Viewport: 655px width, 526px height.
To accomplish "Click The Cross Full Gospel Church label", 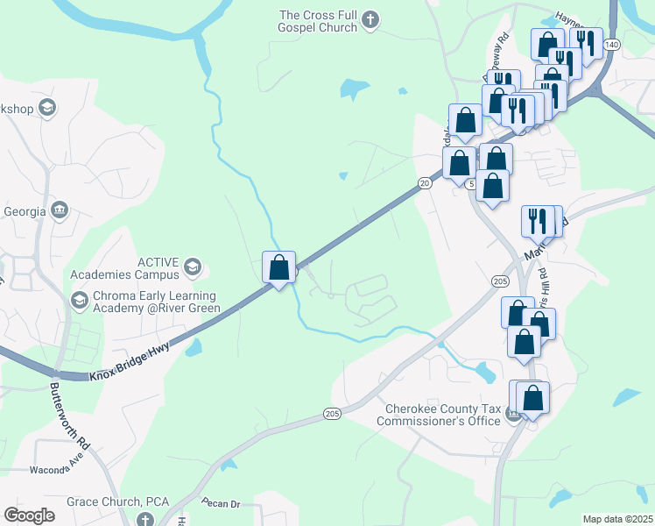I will pos(318,21).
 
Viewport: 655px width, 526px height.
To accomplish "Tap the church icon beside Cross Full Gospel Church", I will pos(370,19).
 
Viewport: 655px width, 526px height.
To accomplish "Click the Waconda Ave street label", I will pos(56,470).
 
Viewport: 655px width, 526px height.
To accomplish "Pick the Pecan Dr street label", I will pos(220,503).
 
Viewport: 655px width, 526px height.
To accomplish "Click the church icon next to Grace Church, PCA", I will pos(145,519).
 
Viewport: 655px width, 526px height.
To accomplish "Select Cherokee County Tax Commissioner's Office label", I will pos(438,414).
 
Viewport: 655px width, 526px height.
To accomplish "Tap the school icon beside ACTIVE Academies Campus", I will pos(194,267).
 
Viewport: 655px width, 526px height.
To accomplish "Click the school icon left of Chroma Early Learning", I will pos(80,301).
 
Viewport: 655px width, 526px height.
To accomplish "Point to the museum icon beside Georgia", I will pos(60,210).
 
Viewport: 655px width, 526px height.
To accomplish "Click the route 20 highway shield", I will pos(425,182).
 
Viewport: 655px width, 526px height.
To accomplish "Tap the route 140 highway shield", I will pos(612,44).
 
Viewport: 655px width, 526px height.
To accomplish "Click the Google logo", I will pos(30,515).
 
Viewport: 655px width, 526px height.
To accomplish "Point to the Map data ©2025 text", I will pos(616,519).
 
